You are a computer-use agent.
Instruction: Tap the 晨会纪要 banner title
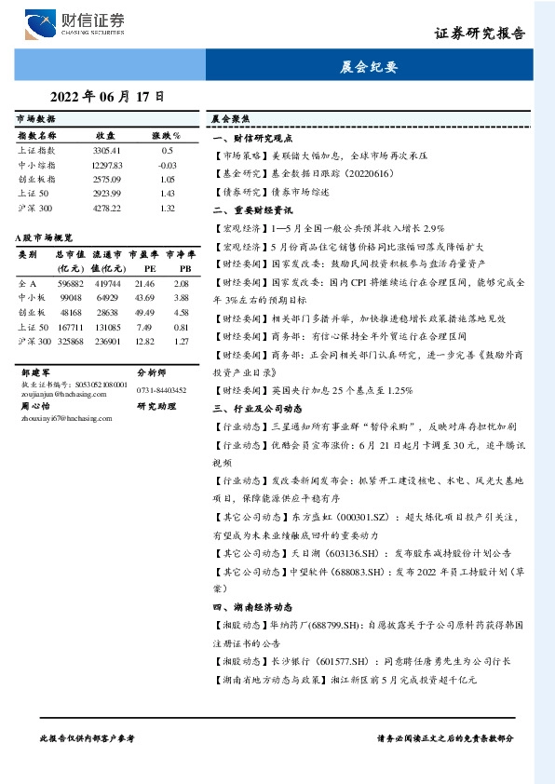pyautogui.click(x=370, y=67)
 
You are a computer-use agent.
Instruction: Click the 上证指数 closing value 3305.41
pyautogui.click(x=107, y=150)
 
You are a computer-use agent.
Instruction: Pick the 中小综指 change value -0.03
pyautogui.click(x=168, y=164)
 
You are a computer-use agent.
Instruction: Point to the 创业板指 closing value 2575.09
pyautogui.click(x=107, y=179)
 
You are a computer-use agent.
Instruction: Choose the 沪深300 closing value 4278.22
pyautogui.click(x=107, y=208)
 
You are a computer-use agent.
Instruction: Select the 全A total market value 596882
pyautogui.click(x=70, y=282)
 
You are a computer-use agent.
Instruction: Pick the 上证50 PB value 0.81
pyautogui.click(x=182, y=327)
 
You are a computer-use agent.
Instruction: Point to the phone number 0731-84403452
pyautogui.click(x=161, y=390)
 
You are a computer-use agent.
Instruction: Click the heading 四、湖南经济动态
pyautogui.click(x=248, y=607)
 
